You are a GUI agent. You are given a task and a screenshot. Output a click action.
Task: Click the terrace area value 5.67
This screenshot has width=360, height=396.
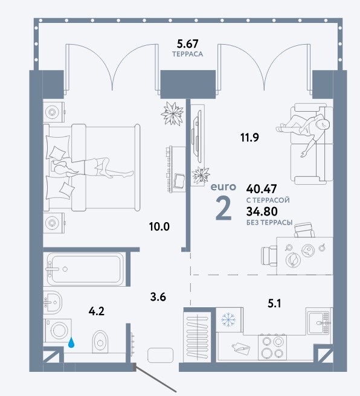click(x=188, y=44)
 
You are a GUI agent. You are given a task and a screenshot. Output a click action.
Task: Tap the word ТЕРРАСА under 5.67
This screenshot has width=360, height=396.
click(x=188, y=54)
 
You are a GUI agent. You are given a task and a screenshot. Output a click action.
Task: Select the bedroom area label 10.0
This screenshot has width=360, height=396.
click(x=159, y=227)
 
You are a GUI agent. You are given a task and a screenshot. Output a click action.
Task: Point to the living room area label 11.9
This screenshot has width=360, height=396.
click(x=249, y=138)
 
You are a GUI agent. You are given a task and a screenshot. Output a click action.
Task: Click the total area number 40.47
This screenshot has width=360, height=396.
click(x=262, y=189)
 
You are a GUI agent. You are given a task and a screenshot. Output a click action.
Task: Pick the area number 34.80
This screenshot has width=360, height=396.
click(x=262, y=211)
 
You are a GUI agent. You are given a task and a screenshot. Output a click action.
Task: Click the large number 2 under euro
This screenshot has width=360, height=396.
click(x=223, y=208)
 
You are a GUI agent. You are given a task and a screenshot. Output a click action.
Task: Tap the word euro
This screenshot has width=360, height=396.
click(x=223, y=187)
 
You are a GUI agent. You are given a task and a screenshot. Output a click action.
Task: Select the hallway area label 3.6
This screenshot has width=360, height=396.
click(x=158, y=297)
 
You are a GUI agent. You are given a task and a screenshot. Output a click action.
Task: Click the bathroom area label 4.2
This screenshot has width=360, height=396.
click(x=97, y=311)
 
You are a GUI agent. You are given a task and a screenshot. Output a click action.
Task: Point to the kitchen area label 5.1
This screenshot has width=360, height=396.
click(x=274, y=304)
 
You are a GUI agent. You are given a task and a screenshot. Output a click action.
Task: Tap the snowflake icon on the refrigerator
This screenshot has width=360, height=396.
click(x=228, y=319)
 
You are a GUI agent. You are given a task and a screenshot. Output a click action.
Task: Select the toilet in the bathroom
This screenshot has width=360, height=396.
click(x=100, y=342)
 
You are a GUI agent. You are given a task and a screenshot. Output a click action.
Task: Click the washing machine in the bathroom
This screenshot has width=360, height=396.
click(x=58, y=330)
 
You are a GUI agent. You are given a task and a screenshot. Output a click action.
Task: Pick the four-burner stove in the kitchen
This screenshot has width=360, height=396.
click(x=272, y=347)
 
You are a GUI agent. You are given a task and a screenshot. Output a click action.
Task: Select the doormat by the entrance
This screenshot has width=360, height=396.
click(x=161, y=354)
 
